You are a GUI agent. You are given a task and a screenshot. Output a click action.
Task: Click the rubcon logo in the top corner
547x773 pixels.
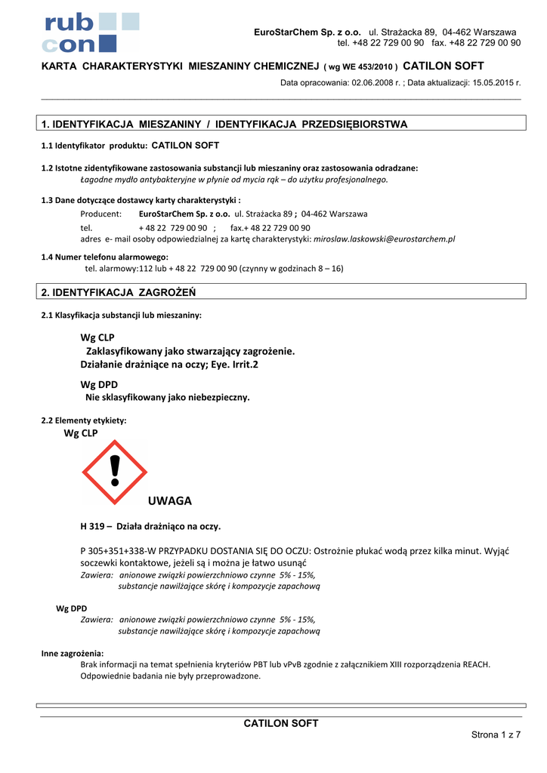point(91,32)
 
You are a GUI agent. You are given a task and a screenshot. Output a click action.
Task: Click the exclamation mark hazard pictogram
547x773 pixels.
point(115,473)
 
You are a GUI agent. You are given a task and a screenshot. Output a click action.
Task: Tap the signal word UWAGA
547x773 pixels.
point(169,500)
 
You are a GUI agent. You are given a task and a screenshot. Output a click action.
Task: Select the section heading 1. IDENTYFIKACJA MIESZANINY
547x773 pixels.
point(224,124)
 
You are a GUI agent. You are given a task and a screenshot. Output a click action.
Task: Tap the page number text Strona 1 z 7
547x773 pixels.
point(496,735)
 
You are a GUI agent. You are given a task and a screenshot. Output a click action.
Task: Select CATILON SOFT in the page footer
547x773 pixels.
point(281,723)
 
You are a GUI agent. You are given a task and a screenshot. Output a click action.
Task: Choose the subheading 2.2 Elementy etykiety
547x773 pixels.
point(84,420)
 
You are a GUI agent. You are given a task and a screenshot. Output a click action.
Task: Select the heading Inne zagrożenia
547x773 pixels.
point(73,654)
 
